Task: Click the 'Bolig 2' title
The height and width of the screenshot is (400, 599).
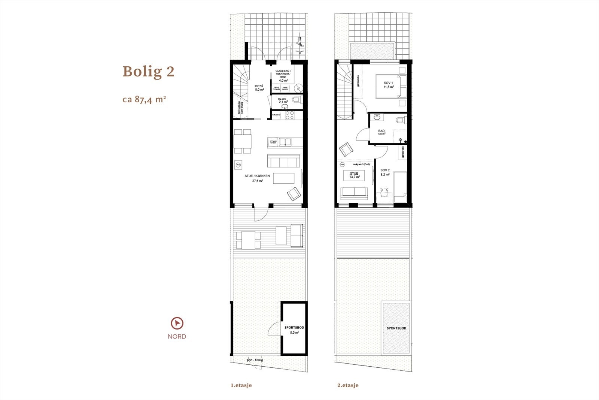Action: (x=149, y=71)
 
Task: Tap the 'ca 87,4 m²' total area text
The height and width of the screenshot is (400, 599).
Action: (x=144, y=100)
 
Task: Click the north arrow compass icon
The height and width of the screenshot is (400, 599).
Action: (x=177, y=323)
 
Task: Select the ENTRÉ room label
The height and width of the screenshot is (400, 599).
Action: (x=259, y=86)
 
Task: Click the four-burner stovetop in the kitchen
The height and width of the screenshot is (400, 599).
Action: (x=289, y=115)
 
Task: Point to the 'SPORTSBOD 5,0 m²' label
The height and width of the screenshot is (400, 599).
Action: (x=294, y=330)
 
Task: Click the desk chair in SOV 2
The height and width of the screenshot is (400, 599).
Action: (x=384, y=192)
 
